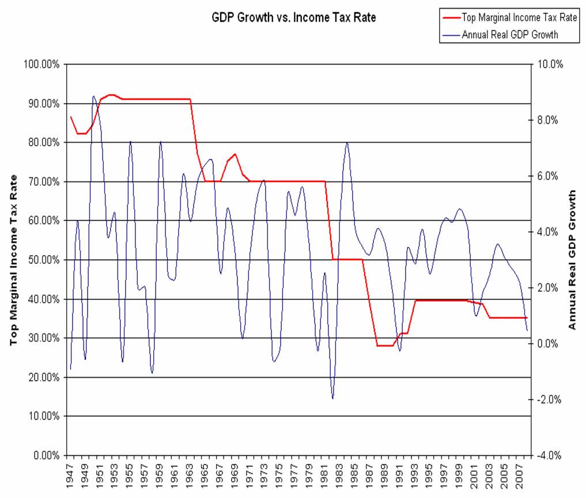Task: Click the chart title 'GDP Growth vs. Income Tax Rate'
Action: (294, 18)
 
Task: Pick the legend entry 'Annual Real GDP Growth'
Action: (509, 35)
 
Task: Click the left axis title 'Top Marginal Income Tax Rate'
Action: (13, 260)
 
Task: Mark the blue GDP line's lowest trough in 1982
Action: (332, 398)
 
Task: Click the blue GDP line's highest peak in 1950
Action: (93, 96)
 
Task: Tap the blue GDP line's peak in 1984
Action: (347, 142)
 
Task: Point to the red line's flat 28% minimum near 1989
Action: (385, 345)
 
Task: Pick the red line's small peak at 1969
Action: (235, 154)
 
